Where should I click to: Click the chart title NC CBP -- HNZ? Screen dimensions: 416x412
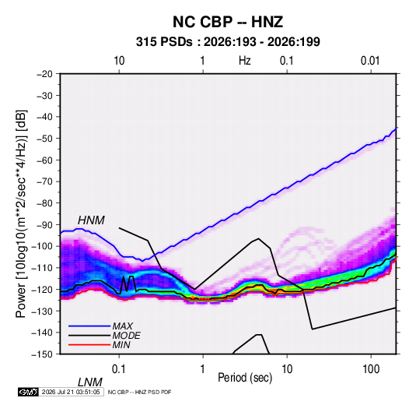228,22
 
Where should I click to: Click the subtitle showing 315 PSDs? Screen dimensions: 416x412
228,42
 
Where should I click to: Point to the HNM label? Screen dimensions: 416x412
91,220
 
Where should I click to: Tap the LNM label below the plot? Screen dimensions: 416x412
90,382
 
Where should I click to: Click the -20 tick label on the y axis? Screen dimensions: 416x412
44,74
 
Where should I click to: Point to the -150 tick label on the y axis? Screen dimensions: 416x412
42,354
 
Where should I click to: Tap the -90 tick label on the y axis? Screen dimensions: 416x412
44,225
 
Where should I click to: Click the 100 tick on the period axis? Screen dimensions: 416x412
371,369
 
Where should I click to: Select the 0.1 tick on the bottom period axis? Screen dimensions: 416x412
118,369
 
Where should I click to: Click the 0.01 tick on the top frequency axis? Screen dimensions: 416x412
370,61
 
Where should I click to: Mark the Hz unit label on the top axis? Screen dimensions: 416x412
245,61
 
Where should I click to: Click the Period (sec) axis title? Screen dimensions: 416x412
245,378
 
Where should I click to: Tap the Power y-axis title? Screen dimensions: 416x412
21,213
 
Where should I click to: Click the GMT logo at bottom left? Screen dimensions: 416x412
28,392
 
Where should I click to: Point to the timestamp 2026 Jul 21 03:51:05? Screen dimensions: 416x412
71,392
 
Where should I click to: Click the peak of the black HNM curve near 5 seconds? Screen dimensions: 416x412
258,238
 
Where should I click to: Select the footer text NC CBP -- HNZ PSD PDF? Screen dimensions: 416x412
139,392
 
